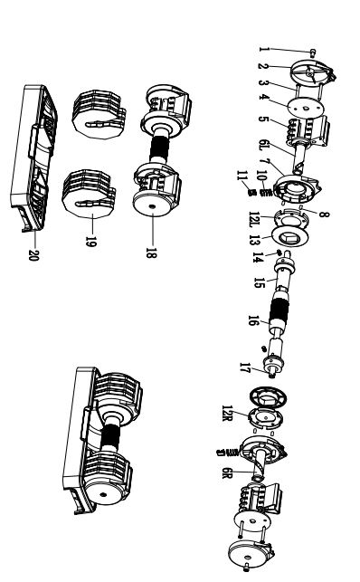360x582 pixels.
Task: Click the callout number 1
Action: [x=263, y=50]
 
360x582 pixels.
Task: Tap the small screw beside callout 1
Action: [x=314, y=52]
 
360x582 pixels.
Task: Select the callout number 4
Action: [x=263, y=97]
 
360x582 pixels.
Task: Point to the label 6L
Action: [x=263, y=145]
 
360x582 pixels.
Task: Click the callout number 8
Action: [x=324, y=215]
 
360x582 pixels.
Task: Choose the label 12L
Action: [x=255, y=219]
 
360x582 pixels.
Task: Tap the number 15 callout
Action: [x=260, y=282]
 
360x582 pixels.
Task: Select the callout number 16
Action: [x=252, y=320]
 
